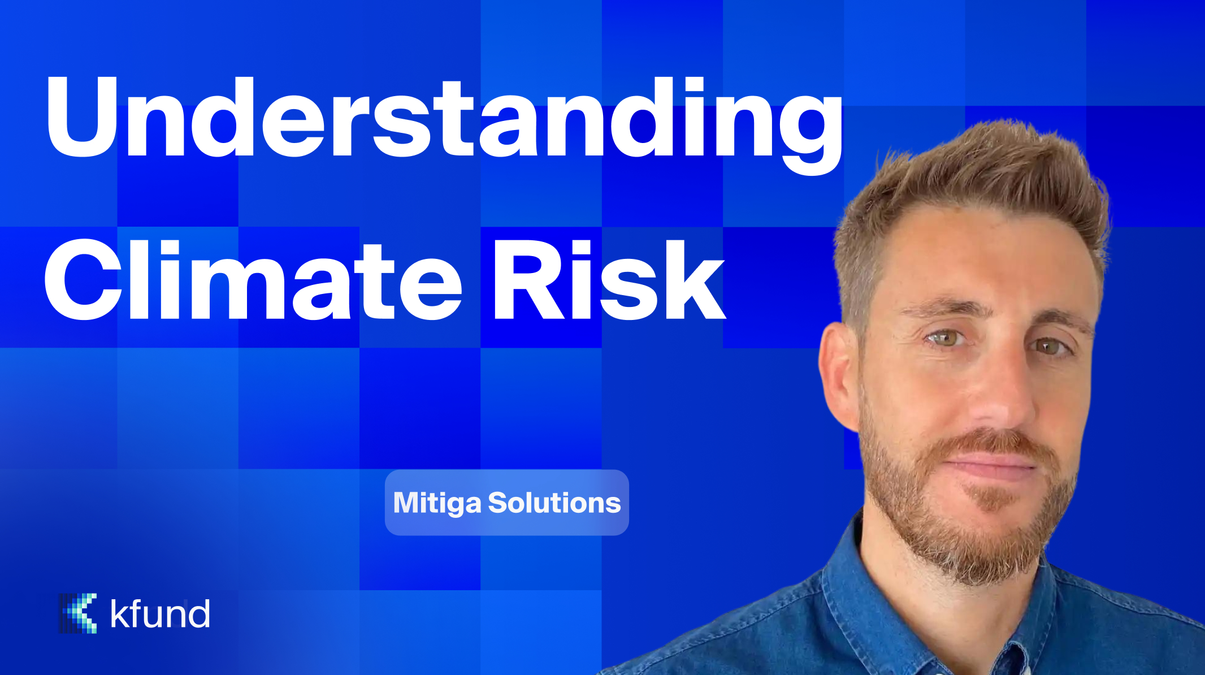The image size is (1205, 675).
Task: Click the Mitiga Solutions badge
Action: pyautogui.click(x=506, y=503)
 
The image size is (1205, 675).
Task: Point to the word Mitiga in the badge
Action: pyautogui.click(x=436, y=503)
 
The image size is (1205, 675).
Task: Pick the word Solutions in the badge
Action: pyautogui.click(x=554, y=503)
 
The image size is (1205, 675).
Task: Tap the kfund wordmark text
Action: pyautogui.click(x=160, y=614)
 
